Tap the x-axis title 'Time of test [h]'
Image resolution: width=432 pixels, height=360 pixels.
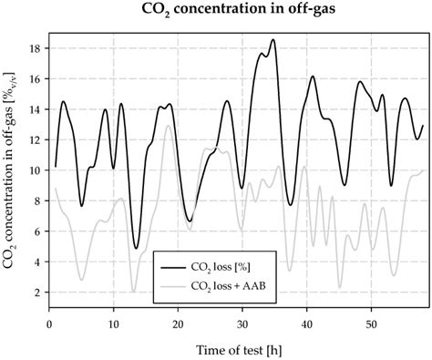tap(236, 350)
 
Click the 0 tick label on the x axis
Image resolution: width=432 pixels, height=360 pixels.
tap(48, 323)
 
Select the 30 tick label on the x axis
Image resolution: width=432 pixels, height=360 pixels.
tap(242, 323)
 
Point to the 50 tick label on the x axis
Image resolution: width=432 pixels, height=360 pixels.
tap(371, 323)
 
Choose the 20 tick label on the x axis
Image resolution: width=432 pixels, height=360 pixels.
tap(178, 323)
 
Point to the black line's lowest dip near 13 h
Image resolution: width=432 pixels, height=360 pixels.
tap(136, 248)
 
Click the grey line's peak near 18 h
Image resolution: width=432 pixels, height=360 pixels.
tap(168, 126)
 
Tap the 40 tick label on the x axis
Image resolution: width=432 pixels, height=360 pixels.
tap(306, 323)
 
